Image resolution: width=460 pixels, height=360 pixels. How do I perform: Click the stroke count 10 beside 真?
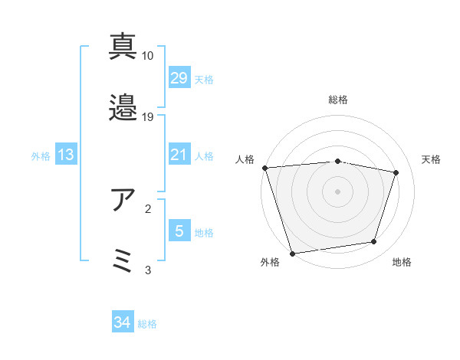(x=148, y=56)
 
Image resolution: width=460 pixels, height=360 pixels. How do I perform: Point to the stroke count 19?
(x=148, y=117)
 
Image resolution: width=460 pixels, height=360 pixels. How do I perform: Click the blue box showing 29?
(x=179, y=78)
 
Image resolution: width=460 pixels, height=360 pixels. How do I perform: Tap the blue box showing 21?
(x=179, y=155)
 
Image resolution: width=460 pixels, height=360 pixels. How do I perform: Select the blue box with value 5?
(x=179, y=231)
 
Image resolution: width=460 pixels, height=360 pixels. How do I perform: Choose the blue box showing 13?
(x=65, y=155)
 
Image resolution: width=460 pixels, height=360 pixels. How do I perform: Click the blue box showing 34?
(x=122, y=322)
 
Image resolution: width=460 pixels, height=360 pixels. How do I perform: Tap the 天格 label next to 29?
(x=203, y=79)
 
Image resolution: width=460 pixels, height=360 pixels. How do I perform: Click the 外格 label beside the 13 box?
(x=41, y=155)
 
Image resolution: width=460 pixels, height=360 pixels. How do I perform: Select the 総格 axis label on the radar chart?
(x=337, y=100)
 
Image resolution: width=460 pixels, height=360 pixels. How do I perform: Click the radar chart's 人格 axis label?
(x=245, y=159)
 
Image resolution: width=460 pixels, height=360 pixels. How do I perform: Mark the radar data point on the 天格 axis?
(x=396, y=172)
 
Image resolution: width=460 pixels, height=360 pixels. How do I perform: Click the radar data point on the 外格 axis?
(x=292, y=252)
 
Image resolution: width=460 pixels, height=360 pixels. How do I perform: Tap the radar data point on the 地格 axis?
(x=373, y=242)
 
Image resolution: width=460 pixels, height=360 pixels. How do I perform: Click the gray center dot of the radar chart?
(x=337, y=191)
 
